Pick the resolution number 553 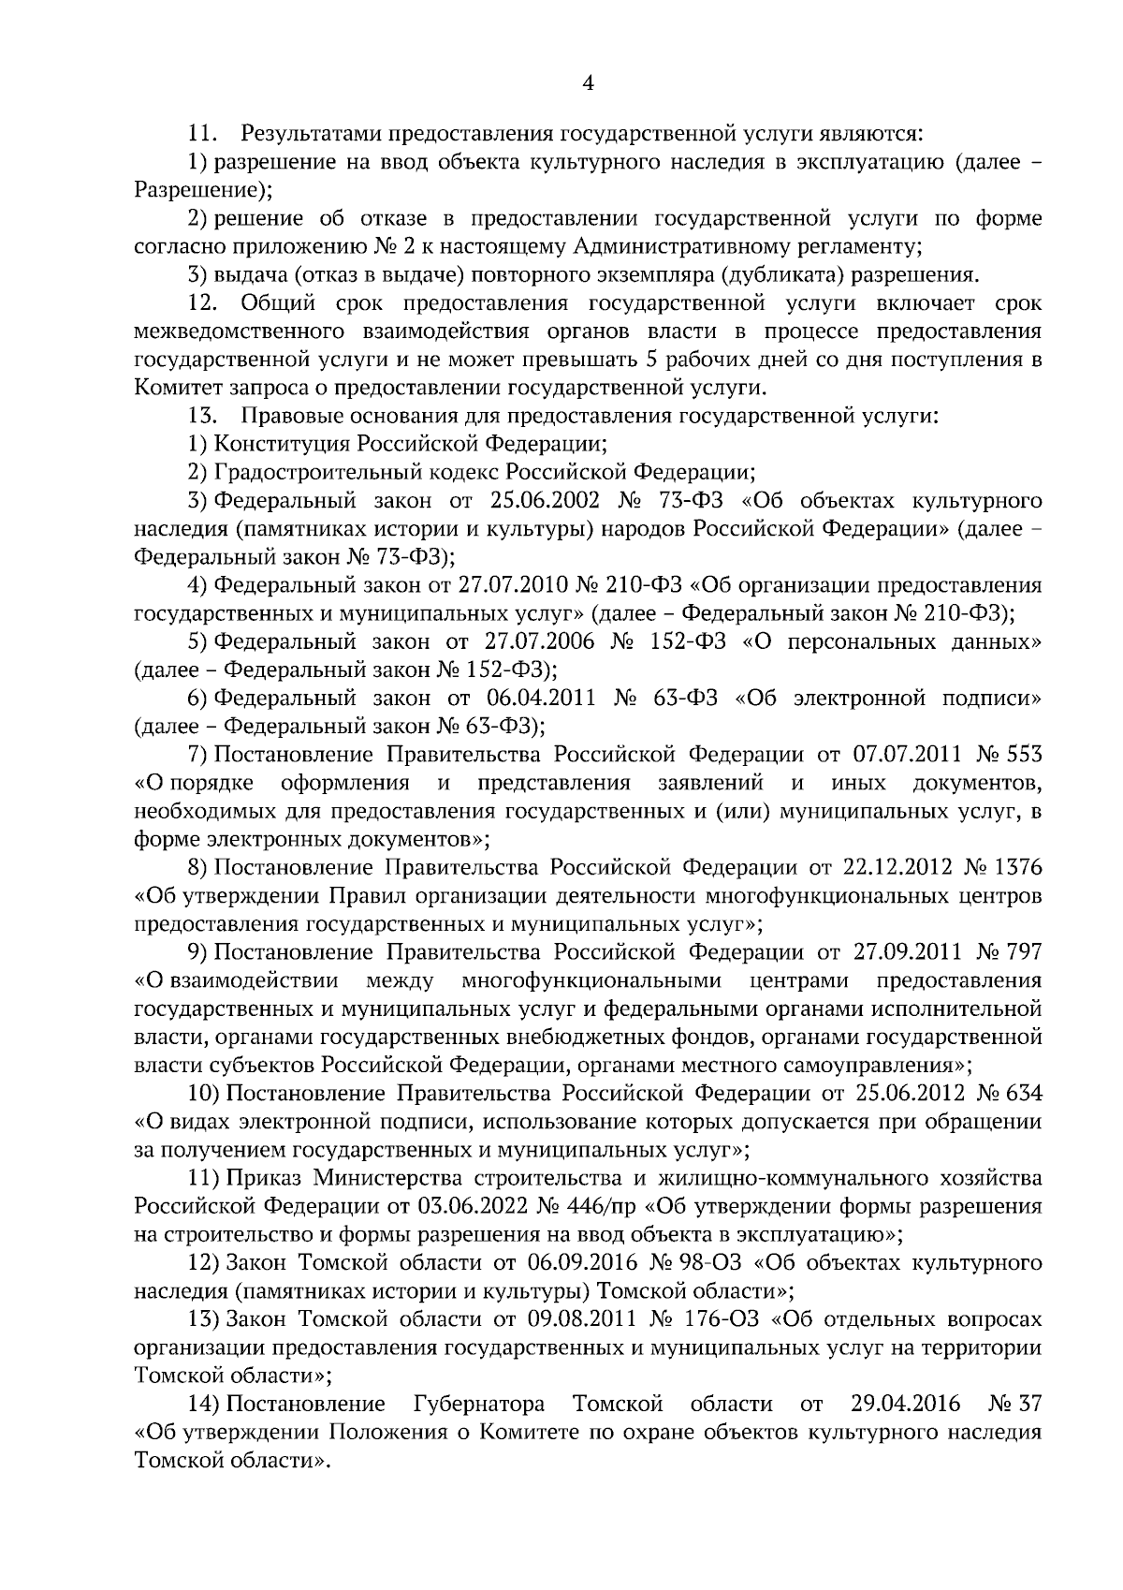point(1024,755)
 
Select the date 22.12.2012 point(900,868)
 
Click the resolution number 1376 point(1019,868)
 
